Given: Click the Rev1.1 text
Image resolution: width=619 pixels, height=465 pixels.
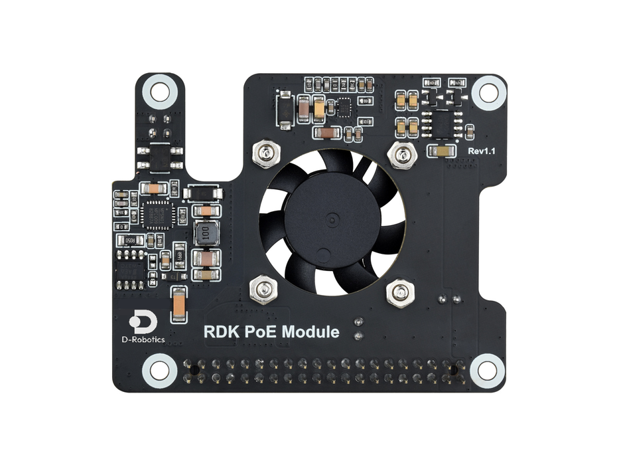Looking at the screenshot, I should [482, 151].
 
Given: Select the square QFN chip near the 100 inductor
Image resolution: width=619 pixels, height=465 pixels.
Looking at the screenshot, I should [157, 215].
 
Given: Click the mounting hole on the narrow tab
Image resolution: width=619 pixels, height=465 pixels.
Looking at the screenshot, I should [160, 91].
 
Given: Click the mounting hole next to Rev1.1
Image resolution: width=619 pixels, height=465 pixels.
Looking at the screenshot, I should [488, 91].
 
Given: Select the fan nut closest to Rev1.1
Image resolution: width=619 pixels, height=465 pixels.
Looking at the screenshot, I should [399, 155].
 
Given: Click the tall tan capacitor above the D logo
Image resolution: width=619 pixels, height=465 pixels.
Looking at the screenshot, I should [178, 306].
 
